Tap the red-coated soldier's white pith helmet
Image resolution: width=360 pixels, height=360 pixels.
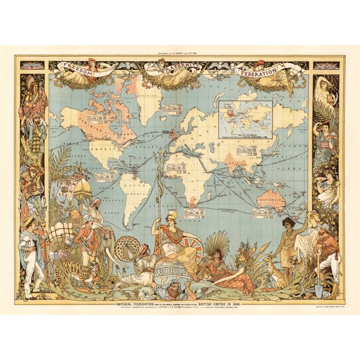click(88, 220)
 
